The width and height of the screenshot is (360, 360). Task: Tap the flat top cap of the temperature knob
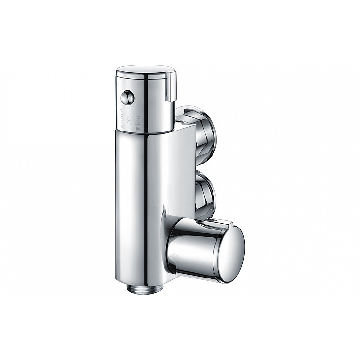pos(146,69)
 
